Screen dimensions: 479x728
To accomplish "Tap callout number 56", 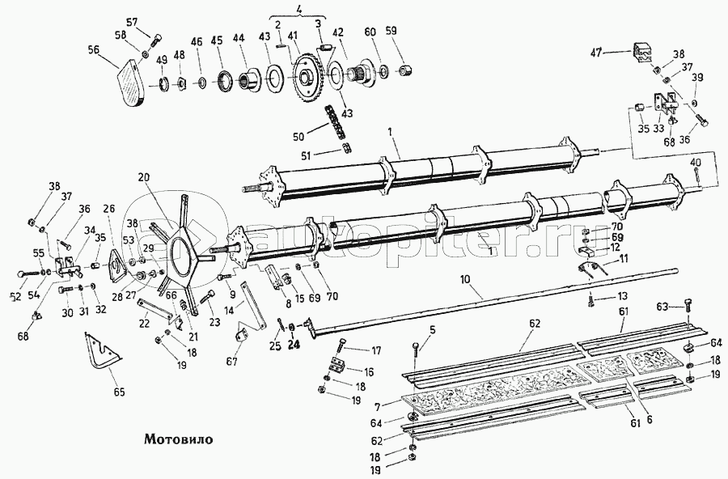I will tap(93, 49).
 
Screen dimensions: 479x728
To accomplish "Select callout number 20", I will tap(144, 177).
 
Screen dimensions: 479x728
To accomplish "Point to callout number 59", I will tap(392, 32).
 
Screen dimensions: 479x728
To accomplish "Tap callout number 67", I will tap(232, 362).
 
